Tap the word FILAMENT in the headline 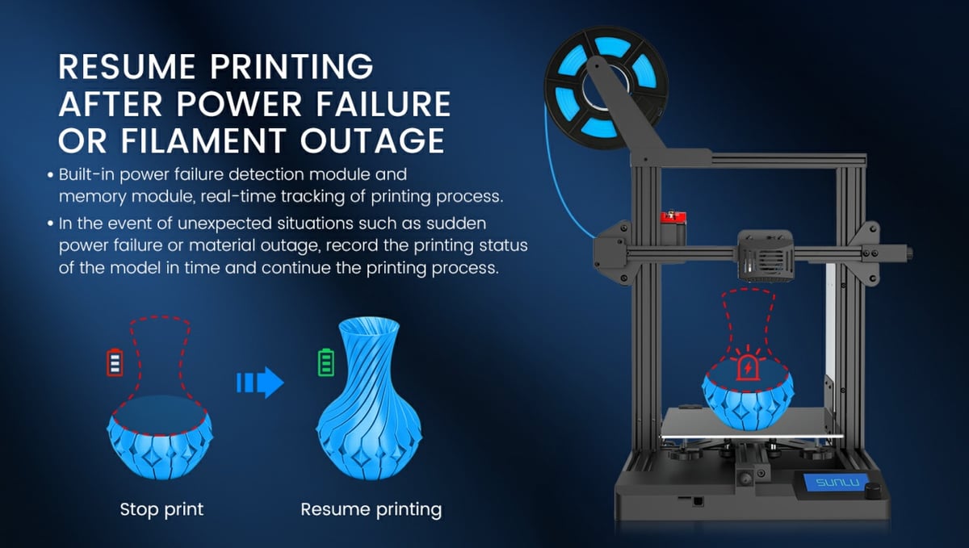coord(203,141)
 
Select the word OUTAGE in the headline coord(372,141)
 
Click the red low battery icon coord(115,362)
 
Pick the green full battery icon coord(326,362)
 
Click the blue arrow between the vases coord(260,383)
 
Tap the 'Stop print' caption coord(161,509)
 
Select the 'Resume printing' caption coord(371,509)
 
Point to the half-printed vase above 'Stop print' coord(160,437)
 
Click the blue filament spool coord(606,86)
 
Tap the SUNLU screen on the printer coord(837,483)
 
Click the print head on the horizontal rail coord(766,256)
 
